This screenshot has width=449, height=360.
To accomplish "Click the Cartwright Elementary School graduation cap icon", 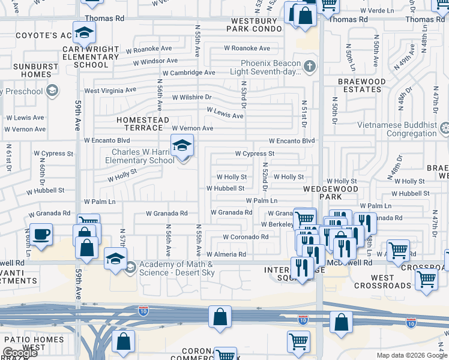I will pos(84,32).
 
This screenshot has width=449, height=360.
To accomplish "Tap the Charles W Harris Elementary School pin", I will pos(182,146).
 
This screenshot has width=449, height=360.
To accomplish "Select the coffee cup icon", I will pos(41,234).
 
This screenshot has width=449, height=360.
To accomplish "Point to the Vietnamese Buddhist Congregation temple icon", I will pos(444,128).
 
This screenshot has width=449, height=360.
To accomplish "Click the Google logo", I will pos(20,353).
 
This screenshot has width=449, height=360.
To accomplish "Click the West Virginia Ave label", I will pos(110,91).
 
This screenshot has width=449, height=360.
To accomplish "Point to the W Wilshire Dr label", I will pos(192,97).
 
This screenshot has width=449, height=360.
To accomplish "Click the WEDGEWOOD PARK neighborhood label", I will pos(331,193).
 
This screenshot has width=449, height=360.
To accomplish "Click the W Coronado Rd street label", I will pos(246,237).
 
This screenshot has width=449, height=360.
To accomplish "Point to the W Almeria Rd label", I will pos(226,254).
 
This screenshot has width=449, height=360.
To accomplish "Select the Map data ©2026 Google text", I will pos(412,355).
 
